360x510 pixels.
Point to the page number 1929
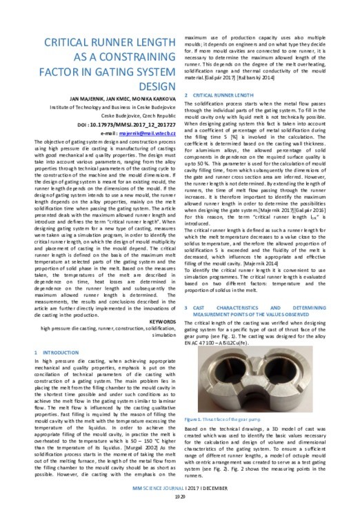coord(179,496)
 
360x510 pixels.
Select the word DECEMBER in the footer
coord(220,487)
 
